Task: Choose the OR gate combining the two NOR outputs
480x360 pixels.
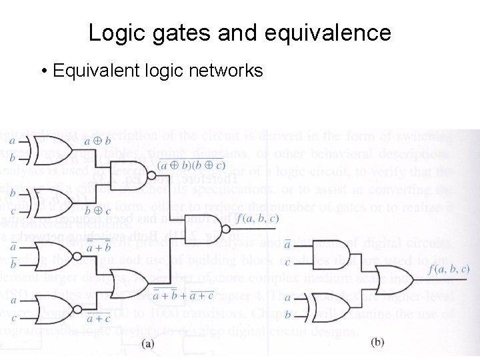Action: (129, 282)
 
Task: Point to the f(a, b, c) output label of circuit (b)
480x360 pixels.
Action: (449, 269)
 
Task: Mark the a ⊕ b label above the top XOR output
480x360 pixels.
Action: (98, 141)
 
